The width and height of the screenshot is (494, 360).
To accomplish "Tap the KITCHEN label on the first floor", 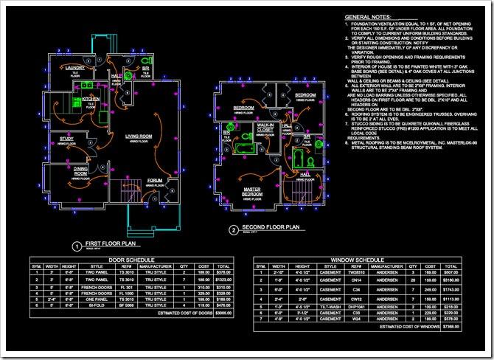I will (91, 98).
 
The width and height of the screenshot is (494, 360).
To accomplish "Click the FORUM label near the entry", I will (155, 179).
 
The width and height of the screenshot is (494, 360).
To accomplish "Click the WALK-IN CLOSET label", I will (265, 128).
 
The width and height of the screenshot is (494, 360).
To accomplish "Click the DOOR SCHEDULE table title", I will (131, 260).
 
